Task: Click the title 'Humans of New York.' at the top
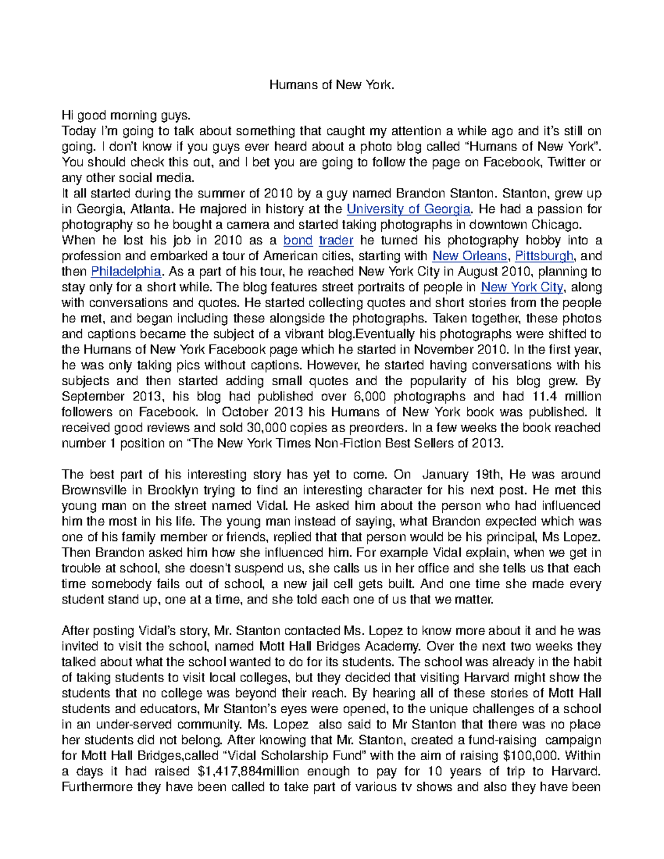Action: pos(332,85)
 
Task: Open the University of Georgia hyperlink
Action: pos(408,209)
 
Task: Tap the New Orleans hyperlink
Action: pos(470,256)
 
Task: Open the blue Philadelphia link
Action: pos(126,272)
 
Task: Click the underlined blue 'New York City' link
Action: pos(522,287)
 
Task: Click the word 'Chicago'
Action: pos(554,225)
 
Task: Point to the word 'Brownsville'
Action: pos(94,490)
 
